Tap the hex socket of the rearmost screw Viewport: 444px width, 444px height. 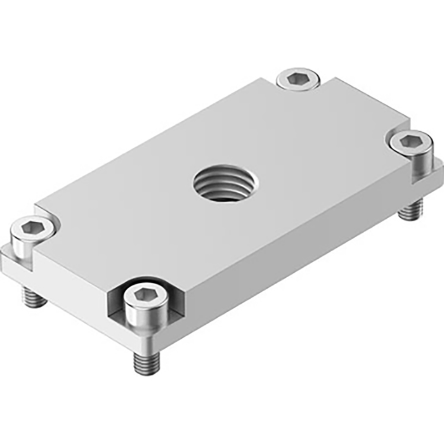pos(297,79)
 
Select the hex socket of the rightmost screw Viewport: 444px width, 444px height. pos(410,141)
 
